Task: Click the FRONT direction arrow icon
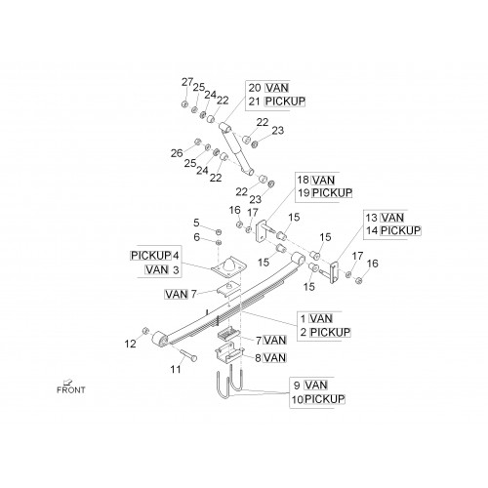(68, 382)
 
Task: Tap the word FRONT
(71, 389)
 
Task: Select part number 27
(187, 82)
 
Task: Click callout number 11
(176, 369)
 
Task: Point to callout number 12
(130, 344)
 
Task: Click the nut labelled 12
(145, 331)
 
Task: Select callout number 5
(196, 223)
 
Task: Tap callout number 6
(196, 237)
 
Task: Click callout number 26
(177, 153)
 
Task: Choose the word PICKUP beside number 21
(285, 102)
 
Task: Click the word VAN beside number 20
(277, 88)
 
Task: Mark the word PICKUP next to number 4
(150, 256)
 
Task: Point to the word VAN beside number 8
(275, 358)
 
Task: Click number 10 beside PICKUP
(298, 399)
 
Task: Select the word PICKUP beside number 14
(400, 230)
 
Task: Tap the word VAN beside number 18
(323, 181)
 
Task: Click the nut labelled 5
(219, 231)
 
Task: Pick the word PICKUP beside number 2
(330, 333)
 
